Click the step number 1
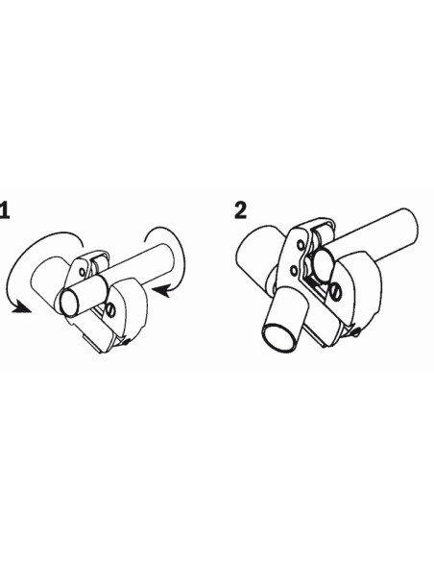4,210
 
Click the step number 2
241,210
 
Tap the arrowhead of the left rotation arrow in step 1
21,307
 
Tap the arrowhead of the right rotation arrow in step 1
161,291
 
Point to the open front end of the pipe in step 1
69,303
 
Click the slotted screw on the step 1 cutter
111,310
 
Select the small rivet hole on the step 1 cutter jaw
83,272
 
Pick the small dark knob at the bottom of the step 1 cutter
126,342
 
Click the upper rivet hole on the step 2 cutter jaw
301,246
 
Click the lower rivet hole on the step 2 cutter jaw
294,270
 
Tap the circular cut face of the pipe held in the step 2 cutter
324,266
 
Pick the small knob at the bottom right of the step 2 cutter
356,332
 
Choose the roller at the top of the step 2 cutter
322,232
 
